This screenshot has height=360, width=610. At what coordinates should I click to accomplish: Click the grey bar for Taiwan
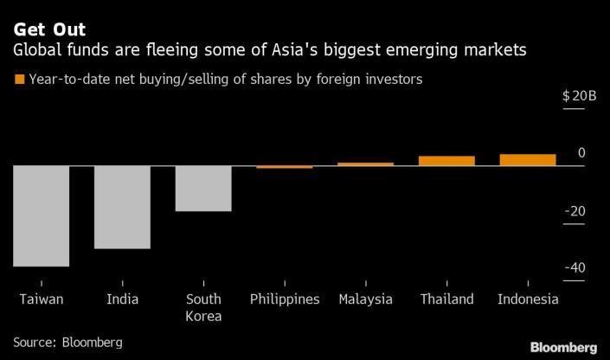click(x=41, y=215)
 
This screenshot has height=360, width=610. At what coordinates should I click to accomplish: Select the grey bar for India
click(x=122, y=207)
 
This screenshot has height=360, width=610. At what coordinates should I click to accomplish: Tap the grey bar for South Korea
click(x=203, y=188)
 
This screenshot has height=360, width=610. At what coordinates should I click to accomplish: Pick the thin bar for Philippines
click(x=285, y=166)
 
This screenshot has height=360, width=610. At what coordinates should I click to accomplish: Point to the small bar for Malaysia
click(x=365, y=164)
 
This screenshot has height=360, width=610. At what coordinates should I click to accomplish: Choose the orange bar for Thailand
click(x=446, y=160)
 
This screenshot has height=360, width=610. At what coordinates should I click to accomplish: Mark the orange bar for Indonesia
click(x=528, y=159)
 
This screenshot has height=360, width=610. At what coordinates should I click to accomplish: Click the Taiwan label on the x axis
click(x=41, y=299)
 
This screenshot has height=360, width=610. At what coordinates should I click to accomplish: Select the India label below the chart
click(x=122, y=299)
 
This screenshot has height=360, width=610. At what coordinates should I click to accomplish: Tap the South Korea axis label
click(x=203, y=307)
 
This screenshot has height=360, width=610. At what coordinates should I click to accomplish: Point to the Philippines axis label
click(x=285, y=299)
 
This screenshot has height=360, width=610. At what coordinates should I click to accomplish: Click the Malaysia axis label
click(x=365, y=299)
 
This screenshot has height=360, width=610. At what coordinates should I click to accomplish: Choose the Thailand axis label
click(x=446, y=299)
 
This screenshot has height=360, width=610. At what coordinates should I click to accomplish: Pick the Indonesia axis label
click(x=528, y=299)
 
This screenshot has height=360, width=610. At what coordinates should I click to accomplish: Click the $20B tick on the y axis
click(x=579, y=96)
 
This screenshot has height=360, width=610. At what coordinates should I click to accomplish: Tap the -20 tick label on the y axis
click(x=575, y=211)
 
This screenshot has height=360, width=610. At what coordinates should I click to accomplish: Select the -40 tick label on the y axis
click(x=575, y=268)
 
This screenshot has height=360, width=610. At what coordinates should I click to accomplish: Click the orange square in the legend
click(x=19, y=80)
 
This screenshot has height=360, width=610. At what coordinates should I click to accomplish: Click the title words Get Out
click(x=48, y=30)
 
